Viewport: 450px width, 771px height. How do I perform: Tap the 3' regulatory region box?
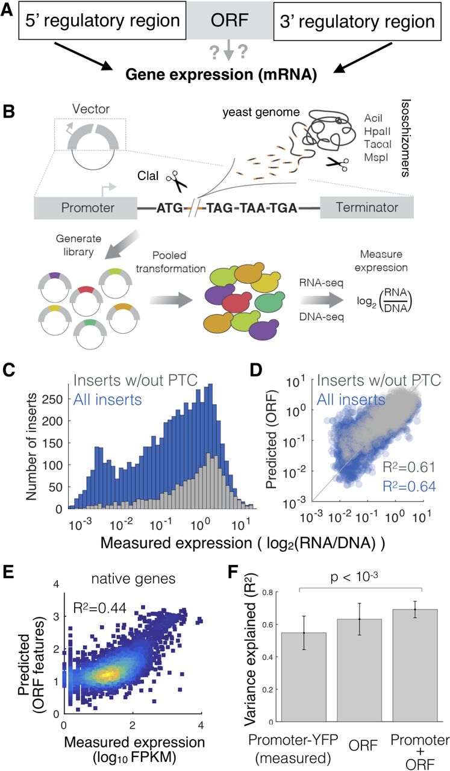(x=354, y=22)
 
